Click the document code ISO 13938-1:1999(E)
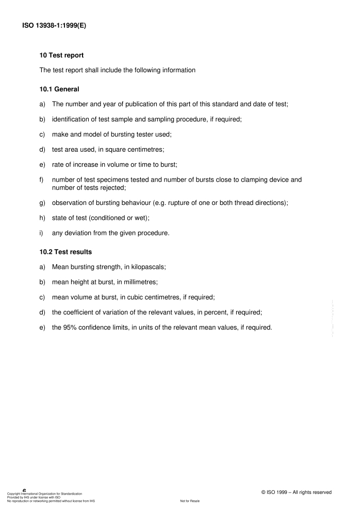pyautogui.click(x=54, y=24)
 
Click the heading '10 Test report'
pyautogui.click(x=61, y=56)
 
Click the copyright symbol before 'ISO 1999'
pyautogui.click(x=264, y=492)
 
